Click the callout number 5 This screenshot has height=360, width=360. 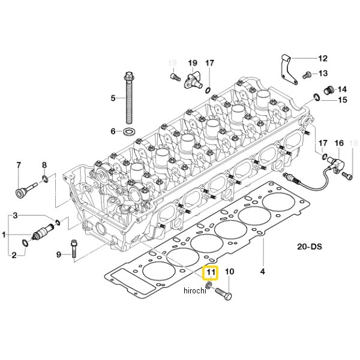113,98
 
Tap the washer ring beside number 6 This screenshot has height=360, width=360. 129,132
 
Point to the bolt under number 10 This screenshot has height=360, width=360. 223,293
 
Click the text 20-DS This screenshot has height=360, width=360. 310,247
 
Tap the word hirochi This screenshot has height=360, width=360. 195,290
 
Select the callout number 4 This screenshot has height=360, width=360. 262,271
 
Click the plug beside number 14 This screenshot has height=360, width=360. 328,90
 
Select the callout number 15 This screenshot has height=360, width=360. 343,100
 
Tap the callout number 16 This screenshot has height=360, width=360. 339,143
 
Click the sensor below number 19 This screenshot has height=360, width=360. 193,81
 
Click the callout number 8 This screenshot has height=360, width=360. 44,165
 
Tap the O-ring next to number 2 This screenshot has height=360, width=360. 25,243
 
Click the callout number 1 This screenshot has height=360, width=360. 4,235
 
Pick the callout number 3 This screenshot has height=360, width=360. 15,215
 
